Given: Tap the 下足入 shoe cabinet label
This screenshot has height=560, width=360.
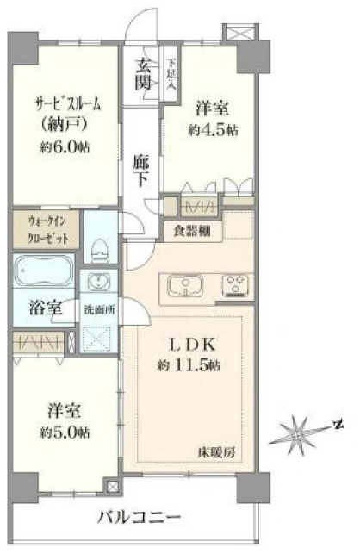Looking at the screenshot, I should [172, 75].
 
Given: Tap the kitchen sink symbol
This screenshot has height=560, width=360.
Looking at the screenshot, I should [185, 284].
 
